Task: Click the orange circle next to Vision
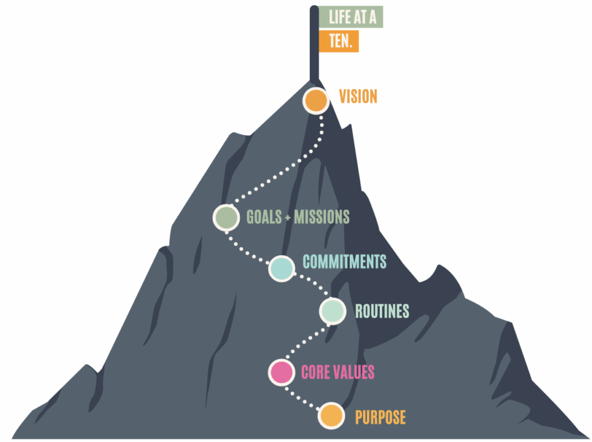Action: [x=316, y=101]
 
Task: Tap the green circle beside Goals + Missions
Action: [x=226, y=217]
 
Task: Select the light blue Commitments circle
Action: [x=282, y=268]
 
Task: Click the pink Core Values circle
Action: [x=282, y=371]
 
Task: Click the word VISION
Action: [x=358, y=96]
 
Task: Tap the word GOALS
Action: [x=264, y=217]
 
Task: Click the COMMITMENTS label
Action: [x=345, y=261]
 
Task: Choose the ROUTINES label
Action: [x=382, y=311]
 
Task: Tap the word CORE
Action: [x=316, y=372]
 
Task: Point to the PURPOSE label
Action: [x=380, y=417]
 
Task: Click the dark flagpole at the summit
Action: [x=314, y=46]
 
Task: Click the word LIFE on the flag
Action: [x=339, y=17]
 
